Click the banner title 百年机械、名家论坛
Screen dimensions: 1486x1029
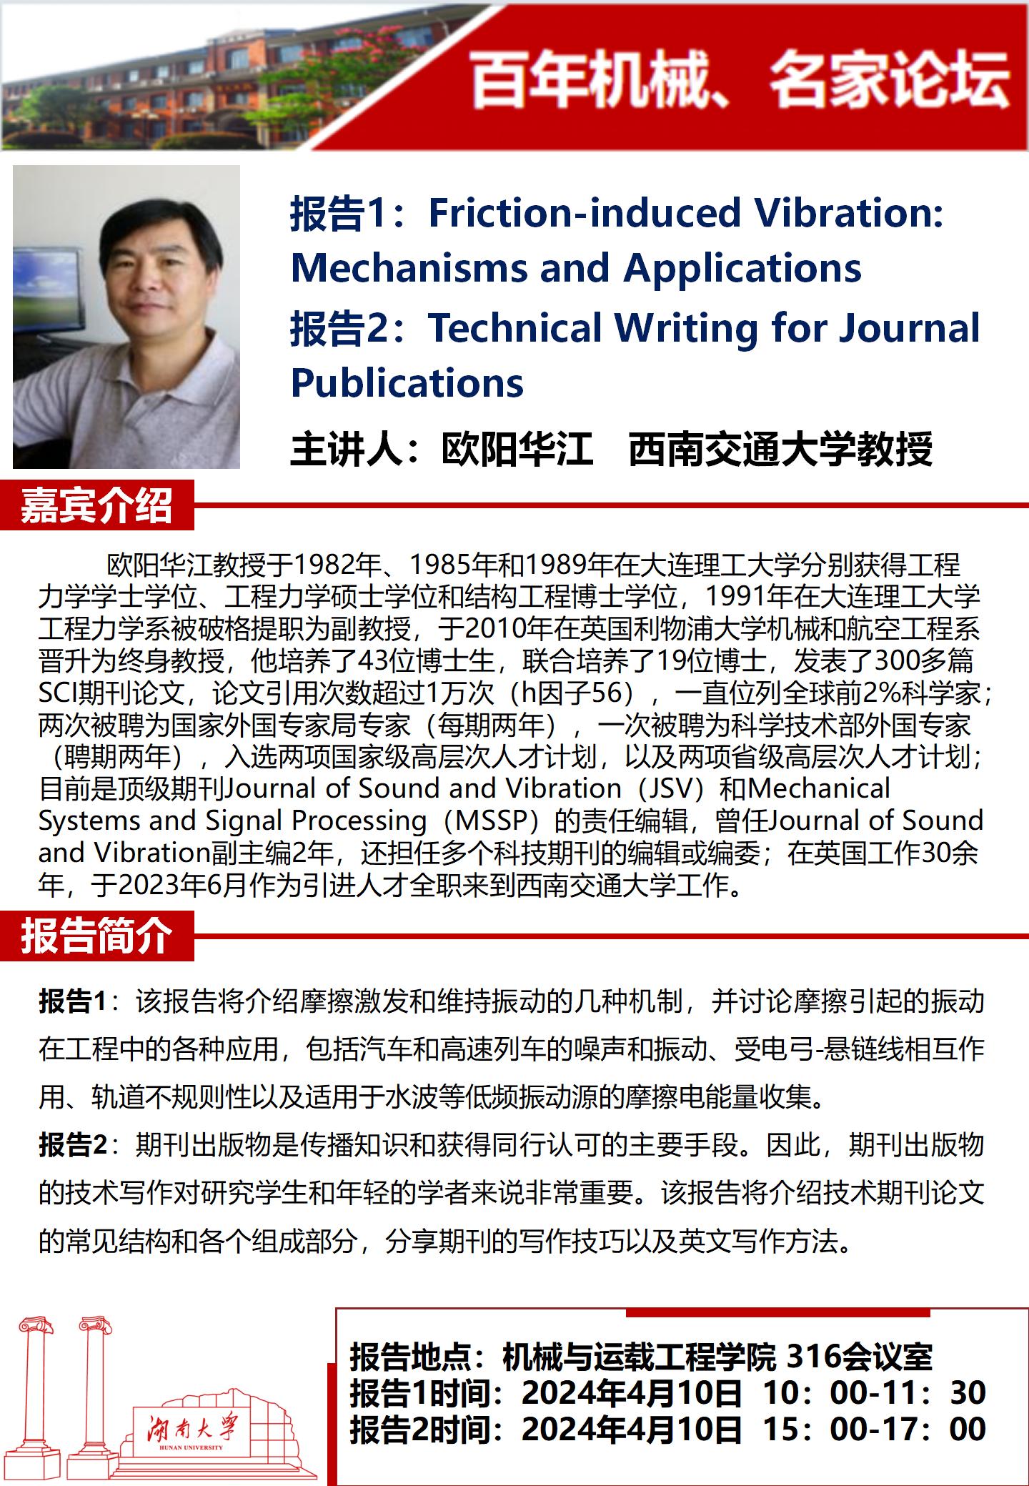pyautogui.click(x=740, y=83)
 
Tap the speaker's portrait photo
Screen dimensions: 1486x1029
pyautogui.click(x=126, y=317)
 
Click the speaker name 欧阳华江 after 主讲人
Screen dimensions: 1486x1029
pyautogui.click(x=517, y=449)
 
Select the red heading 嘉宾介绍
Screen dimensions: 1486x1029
pyautogui.click(x=96, y=506)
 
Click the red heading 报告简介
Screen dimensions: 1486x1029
pyautogui.click(x=96, y=936)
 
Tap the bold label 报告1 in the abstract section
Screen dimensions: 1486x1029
pyautogui.click(x=72, y=1001)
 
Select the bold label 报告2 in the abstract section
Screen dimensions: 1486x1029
pyautogui.click(x=72, y=1145)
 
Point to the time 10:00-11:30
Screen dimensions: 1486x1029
pyautogui.click(x=875, y=1392)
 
